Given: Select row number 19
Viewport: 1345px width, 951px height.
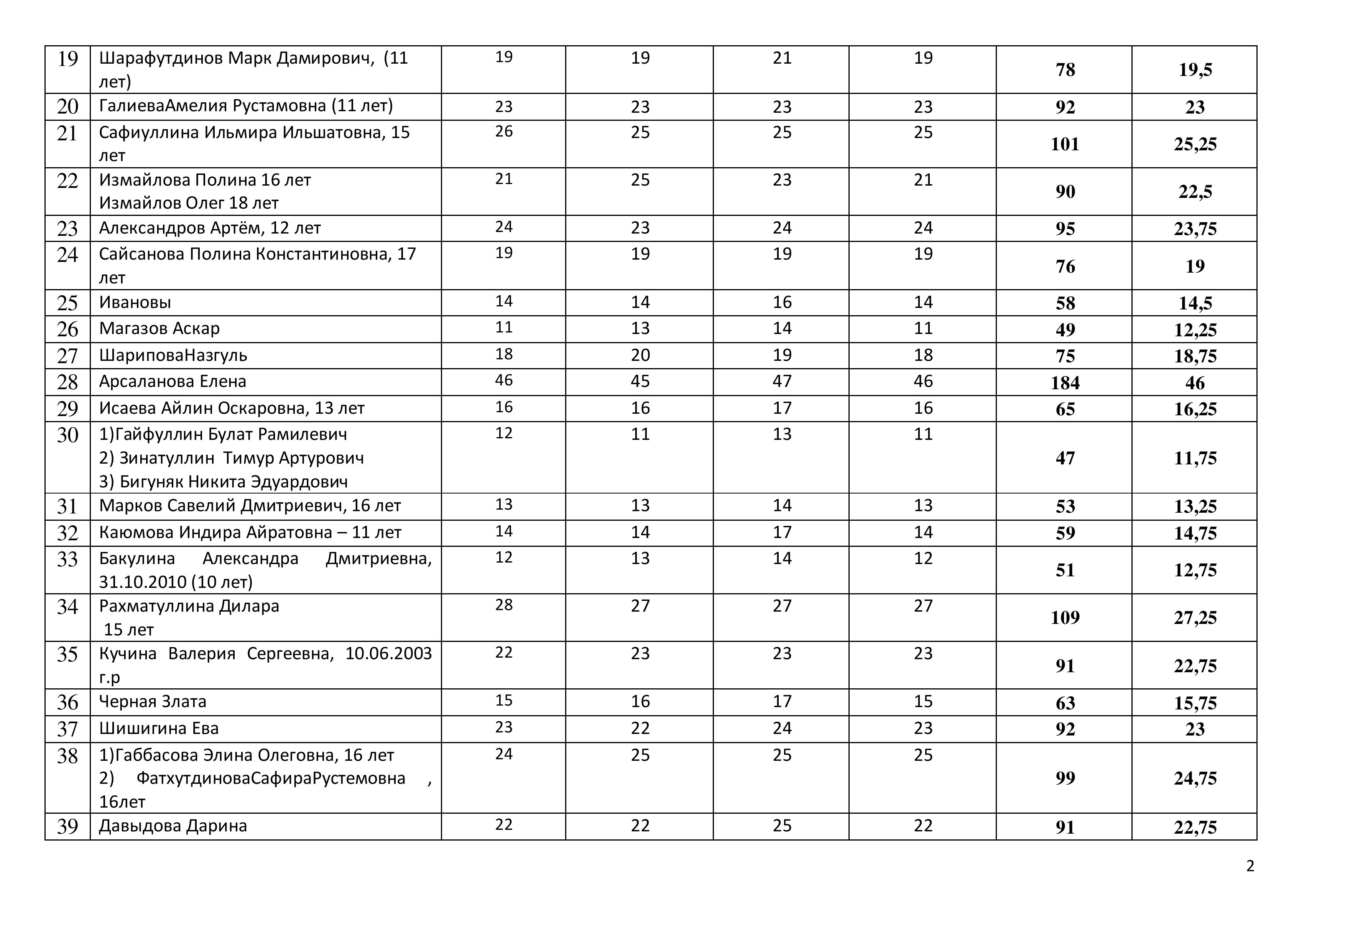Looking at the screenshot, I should pyautogui.click(x=67, y=59).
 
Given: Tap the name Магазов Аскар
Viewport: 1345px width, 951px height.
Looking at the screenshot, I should pyautogui.click(x=159, y=329).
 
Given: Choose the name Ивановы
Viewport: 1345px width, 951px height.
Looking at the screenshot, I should pyautogui.click(x=135, y=302).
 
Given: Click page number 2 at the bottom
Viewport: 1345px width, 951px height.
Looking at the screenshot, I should pyautogui.click(x=1250, y=866).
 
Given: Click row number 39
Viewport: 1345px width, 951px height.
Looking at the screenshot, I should pyautogui.click(x=67, y=826).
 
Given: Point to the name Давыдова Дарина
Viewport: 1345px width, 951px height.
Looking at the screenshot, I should pyautogui.click(x=173, y=826).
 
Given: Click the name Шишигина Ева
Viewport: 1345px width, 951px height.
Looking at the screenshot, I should pyautogui.click(x=159, y=728).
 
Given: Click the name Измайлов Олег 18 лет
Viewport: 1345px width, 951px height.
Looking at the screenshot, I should pyautogui.click(x=189, y=203).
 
